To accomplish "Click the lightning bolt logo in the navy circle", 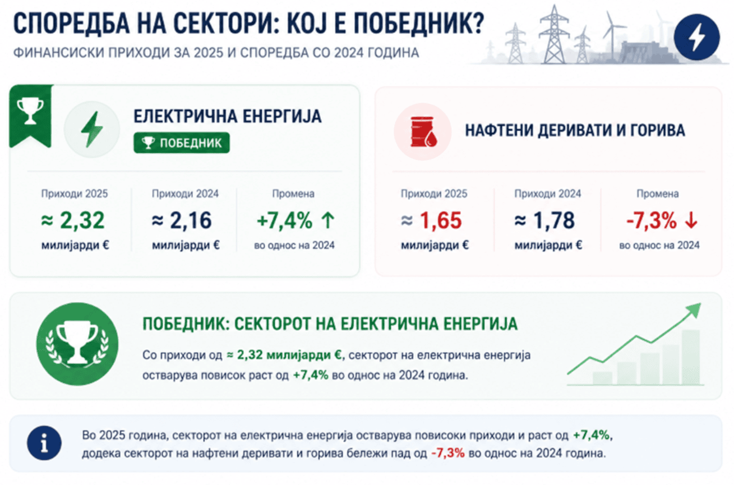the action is [696, 37].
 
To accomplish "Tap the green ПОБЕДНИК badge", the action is [182, 142].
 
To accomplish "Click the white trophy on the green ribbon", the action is [30, 111].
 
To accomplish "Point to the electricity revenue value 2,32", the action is [82, 220].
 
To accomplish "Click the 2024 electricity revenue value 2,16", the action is [191, 220].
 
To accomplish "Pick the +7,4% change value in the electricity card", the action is [284, 220].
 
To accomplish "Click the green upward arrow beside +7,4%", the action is [327, 220].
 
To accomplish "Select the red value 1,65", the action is [441, 220].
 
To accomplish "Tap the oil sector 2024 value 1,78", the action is [554, 220].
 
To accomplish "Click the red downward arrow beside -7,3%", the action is [691, 220].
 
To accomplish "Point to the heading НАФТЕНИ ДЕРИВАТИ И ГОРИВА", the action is [575, 131].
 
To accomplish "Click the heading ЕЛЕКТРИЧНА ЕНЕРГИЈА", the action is [228, 116].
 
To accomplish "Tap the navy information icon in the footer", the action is [44, 443].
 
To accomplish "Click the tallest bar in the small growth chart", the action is [691, 357].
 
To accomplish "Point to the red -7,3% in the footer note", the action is [448, 453].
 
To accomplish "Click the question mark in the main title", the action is [477, 23].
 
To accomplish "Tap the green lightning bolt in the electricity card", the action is [92, 129].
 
